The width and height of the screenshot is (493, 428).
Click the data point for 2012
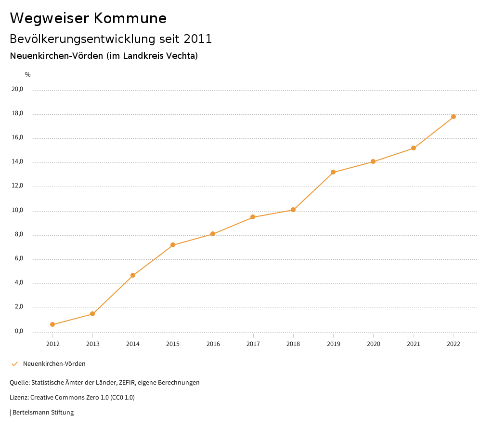(52, 324)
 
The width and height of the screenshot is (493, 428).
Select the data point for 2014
(133, 275)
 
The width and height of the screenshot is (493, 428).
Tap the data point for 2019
(333, 172)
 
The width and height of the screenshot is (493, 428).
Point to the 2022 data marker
(454, 117)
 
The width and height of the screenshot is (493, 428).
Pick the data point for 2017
(253, 217)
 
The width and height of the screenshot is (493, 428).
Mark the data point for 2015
(173, 245)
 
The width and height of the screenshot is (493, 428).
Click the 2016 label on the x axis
(213, 344)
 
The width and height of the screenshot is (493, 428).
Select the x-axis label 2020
(373, 344)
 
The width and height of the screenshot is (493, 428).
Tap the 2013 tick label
(93, 344)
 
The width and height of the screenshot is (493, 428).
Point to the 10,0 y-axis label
(17, 210)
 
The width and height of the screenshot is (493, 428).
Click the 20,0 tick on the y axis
(17, 89)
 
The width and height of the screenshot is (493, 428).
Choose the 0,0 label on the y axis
(19, 331)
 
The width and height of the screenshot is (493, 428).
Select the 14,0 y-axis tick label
(17, 161)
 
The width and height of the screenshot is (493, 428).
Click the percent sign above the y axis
(28, 74)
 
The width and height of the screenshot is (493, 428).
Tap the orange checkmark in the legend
(14, 363)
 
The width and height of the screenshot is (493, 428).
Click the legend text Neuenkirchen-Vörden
(54, 363)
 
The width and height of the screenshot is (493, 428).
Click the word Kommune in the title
(130, 18)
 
